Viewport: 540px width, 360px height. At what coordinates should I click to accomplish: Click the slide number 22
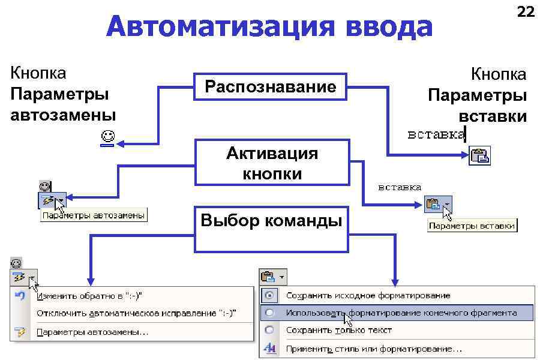[526, 11]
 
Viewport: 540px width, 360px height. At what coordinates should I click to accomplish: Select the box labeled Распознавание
[271, 87]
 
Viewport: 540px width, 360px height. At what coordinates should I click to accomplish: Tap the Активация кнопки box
[272, 163]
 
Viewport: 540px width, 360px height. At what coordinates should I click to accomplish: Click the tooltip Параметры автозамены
[94, 215]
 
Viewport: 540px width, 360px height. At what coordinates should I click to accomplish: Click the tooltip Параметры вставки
[472, 226]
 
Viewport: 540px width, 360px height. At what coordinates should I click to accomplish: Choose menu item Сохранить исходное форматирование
[368, 295]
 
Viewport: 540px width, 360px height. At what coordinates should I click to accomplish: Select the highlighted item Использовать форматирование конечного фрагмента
[401, 313]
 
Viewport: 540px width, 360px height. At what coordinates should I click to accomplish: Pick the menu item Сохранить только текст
[338, 330]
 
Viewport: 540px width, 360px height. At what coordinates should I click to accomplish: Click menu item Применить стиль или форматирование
[374, 348]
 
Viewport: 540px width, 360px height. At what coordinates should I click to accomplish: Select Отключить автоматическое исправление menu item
[136, 313]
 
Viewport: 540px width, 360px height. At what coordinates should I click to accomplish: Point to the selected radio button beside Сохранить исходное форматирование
[269, 295]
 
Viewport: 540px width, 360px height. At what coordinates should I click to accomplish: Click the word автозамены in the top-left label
[62, 115]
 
